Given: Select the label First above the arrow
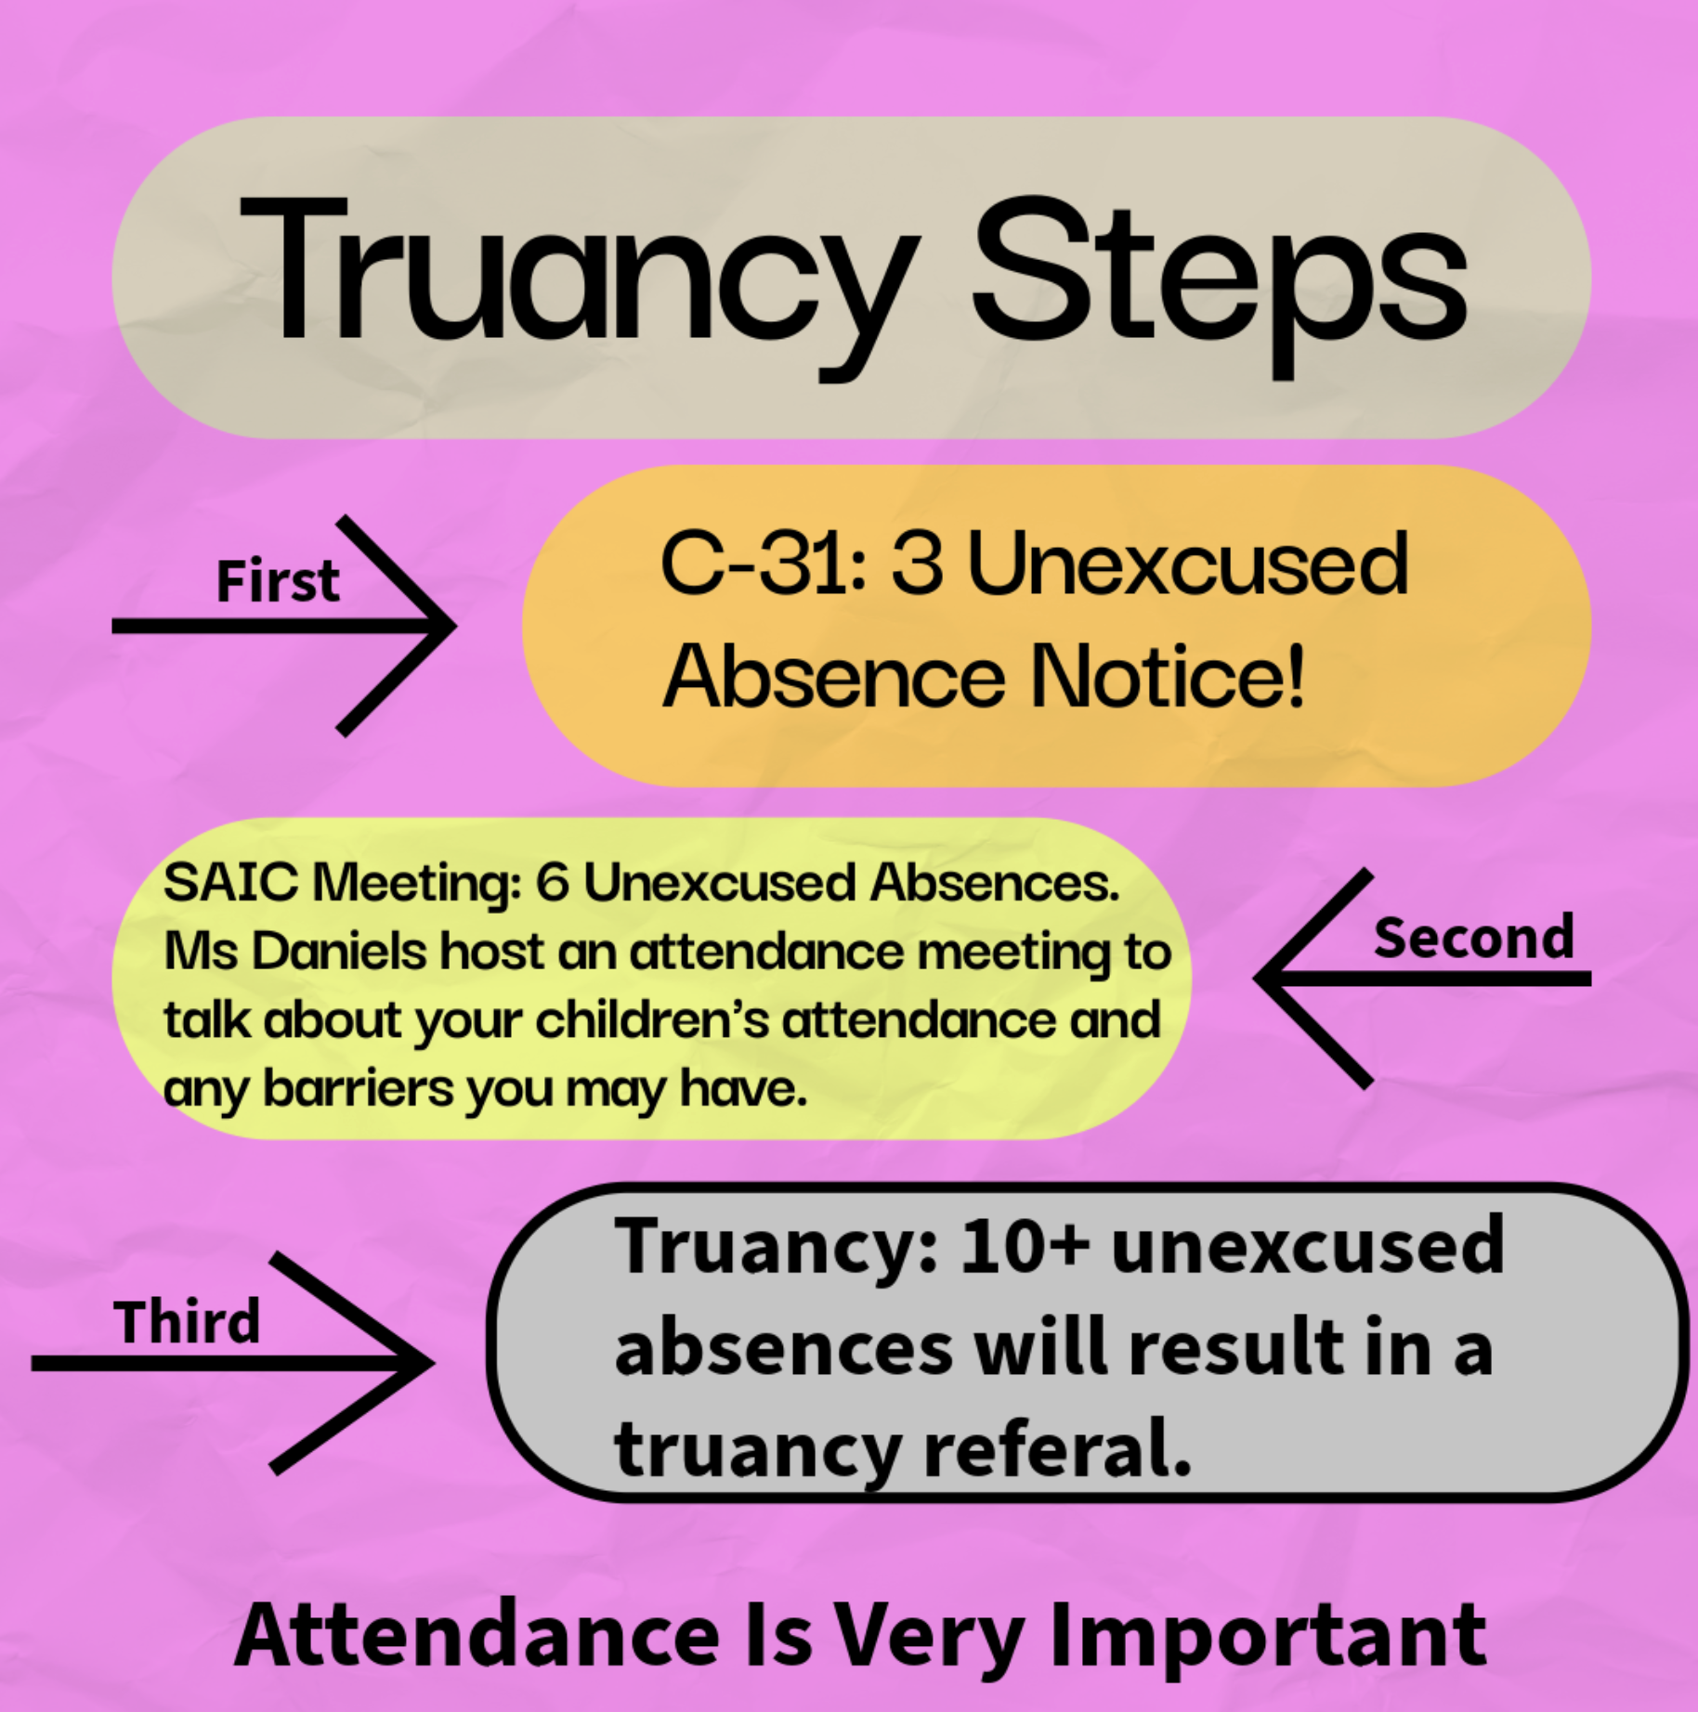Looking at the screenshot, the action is click(x=278, y=582).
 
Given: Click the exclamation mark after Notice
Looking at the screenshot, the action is click(x=1295, y=675).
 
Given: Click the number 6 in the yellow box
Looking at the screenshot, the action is click(x=552, y=882).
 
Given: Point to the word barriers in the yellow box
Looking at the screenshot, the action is click(x=359, y=1088).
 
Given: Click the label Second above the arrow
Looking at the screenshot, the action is click(x=1474, y=938).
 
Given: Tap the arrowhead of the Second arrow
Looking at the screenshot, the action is click(x=1258, y=978).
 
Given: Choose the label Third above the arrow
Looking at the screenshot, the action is click(x=187, y=1322).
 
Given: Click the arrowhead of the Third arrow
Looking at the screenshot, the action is click(x=430, y=1363).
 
